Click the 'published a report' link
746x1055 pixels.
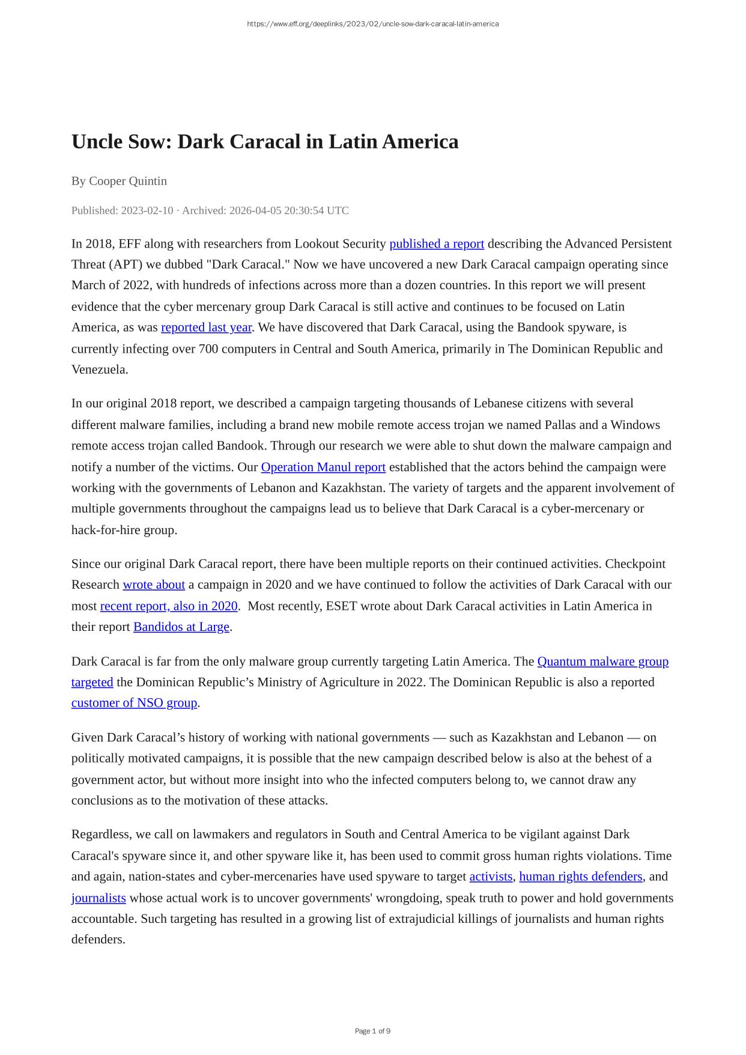tap(437, 244)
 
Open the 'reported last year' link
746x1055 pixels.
tap(206, 327)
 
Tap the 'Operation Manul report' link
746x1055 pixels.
tap(323, 467)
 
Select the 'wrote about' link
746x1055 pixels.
tap(154, 585)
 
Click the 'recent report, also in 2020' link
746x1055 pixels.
tap(169, 606)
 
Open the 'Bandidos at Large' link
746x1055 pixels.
tap(181, 627)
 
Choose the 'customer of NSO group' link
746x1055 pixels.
tap(134, 703)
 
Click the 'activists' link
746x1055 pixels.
tap(491, 877)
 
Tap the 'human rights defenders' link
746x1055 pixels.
tap(581, 877)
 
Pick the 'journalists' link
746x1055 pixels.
tap(99, 898)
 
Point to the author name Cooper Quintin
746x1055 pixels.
tap(128, 181)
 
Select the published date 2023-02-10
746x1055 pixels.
tap(147, 210)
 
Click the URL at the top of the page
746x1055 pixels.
tap(372, 24)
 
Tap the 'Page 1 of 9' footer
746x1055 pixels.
tap(372, 1031)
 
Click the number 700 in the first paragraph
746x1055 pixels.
tap(208, 349)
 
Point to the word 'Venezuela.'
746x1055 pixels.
tap(100, 369)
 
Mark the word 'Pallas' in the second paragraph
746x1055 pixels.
tap(563, 425)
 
